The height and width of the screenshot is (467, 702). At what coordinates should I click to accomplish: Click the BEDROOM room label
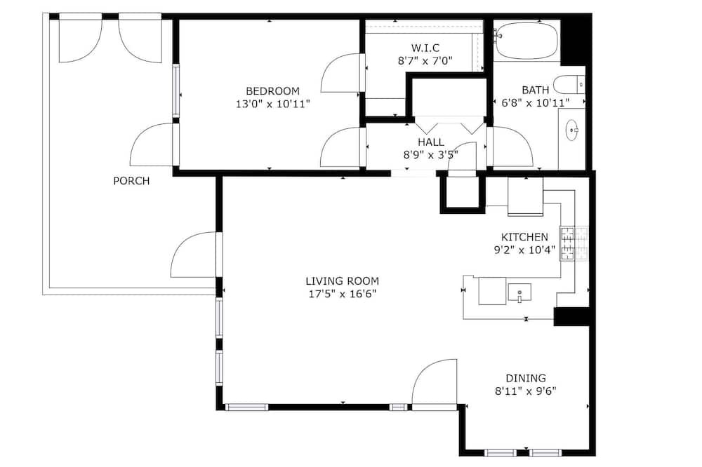point(272,91)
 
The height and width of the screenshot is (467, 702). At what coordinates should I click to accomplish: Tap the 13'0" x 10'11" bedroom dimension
point(272,104)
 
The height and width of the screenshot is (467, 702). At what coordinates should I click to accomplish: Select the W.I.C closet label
point(425,48)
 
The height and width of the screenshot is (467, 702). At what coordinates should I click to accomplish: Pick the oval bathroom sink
point(571,130)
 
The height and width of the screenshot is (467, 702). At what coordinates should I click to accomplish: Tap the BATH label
point(536,90)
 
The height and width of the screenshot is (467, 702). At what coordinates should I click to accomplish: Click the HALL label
point(431,142)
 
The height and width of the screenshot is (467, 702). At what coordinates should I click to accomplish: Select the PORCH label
point(131,181)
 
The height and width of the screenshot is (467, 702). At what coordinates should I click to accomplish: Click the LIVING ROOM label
point(343,281)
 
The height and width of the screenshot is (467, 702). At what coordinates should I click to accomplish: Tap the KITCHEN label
point(524,237)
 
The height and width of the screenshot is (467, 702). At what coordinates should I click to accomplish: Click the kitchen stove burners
point(573,243)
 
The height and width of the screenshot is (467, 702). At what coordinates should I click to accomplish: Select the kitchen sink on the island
point(519,293)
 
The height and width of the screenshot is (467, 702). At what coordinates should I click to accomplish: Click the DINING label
point(526,378)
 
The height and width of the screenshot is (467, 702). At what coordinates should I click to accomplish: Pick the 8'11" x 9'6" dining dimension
point(526,391)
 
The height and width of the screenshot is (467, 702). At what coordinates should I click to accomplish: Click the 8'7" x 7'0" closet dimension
point(425,61)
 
